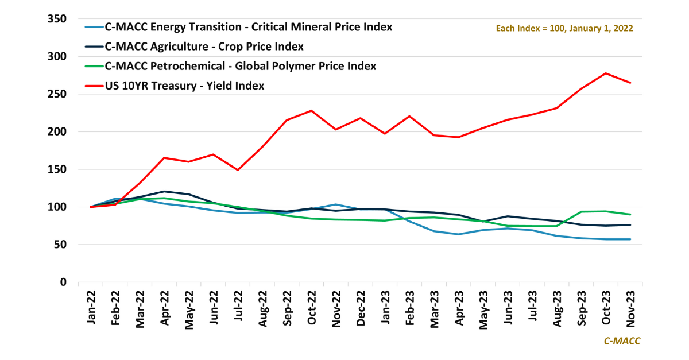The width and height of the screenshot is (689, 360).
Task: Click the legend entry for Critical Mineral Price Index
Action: click(x=247, y=27)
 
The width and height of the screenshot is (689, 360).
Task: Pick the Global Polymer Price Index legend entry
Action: click(x=239, y=66)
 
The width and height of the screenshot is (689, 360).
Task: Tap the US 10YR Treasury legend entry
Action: click(x=184, y=86)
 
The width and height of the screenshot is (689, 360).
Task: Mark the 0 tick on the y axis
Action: click(x=64, y=282)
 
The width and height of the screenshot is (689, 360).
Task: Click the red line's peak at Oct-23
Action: click(x=605, y=73)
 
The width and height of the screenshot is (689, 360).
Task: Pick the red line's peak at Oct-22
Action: click(x=312, y=110)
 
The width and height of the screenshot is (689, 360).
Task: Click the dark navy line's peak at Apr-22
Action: click(x=165, y=191)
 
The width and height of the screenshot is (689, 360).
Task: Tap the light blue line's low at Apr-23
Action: click(x=458, y=234)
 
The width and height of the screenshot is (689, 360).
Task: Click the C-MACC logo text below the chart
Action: click(x=622, y=341)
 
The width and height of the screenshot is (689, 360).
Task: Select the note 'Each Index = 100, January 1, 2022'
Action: click(x=564, y=28)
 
